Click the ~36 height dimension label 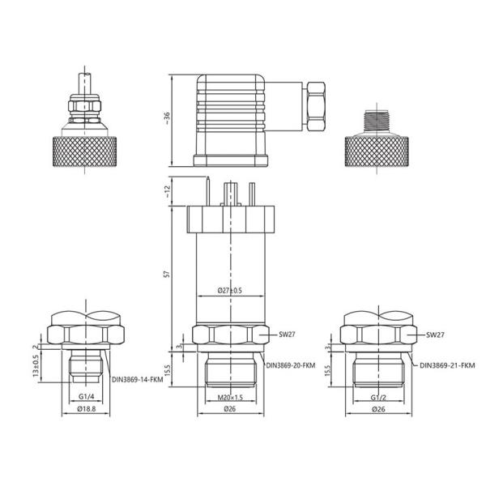[167, 117]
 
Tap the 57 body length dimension [167, 275]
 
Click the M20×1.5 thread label [231, 398]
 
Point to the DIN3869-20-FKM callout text [292, 365]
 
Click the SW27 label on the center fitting [285, 334]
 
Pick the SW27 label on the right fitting [434, 334]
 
